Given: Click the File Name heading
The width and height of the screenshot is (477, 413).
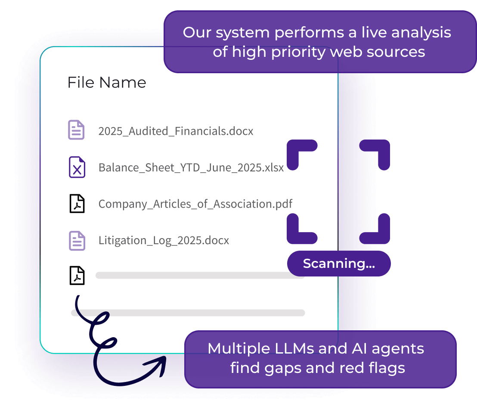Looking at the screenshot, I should click(x=107, y=82).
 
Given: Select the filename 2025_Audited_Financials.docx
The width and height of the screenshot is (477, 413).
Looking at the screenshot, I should click(x=176, y=131).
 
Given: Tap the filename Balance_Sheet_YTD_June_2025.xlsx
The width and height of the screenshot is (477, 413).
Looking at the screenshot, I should click(x=191, y=168).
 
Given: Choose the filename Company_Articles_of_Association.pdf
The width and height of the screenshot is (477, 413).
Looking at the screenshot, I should click(x=195, y=204).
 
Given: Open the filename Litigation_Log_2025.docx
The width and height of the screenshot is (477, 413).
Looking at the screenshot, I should click(x=164, y=240).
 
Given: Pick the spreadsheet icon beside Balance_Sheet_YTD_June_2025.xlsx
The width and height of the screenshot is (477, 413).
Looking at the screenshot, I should click(x=77, y=167).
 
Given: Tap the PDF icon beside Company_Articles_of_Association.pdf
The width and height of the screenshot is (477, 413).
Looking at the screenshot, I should click(x=77, y=204).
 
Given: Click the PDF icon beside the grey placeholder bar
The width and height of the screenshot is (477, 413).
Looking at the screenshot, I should click(x=77, y=276).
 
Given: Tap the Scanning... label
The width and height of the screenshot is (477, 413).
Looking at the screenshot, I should click(x=339, y=264).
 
